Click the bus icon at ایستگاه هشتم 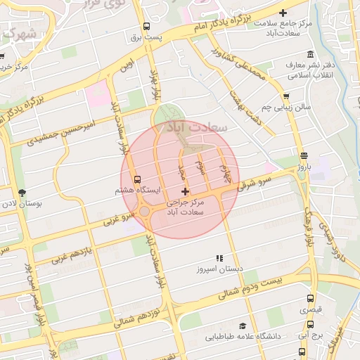136,180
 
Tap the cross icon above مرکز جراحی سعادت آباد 185,191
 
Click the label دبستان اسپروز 219,269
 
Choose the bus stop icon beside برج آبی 311,325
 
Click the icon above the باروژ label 303,156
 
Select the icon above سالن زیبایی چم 285,97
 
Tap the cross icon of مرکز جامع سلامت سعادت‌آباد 283,13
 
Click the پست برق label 148,35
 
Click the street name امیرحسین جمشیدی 61,131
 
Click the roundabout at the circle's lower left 144,211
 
